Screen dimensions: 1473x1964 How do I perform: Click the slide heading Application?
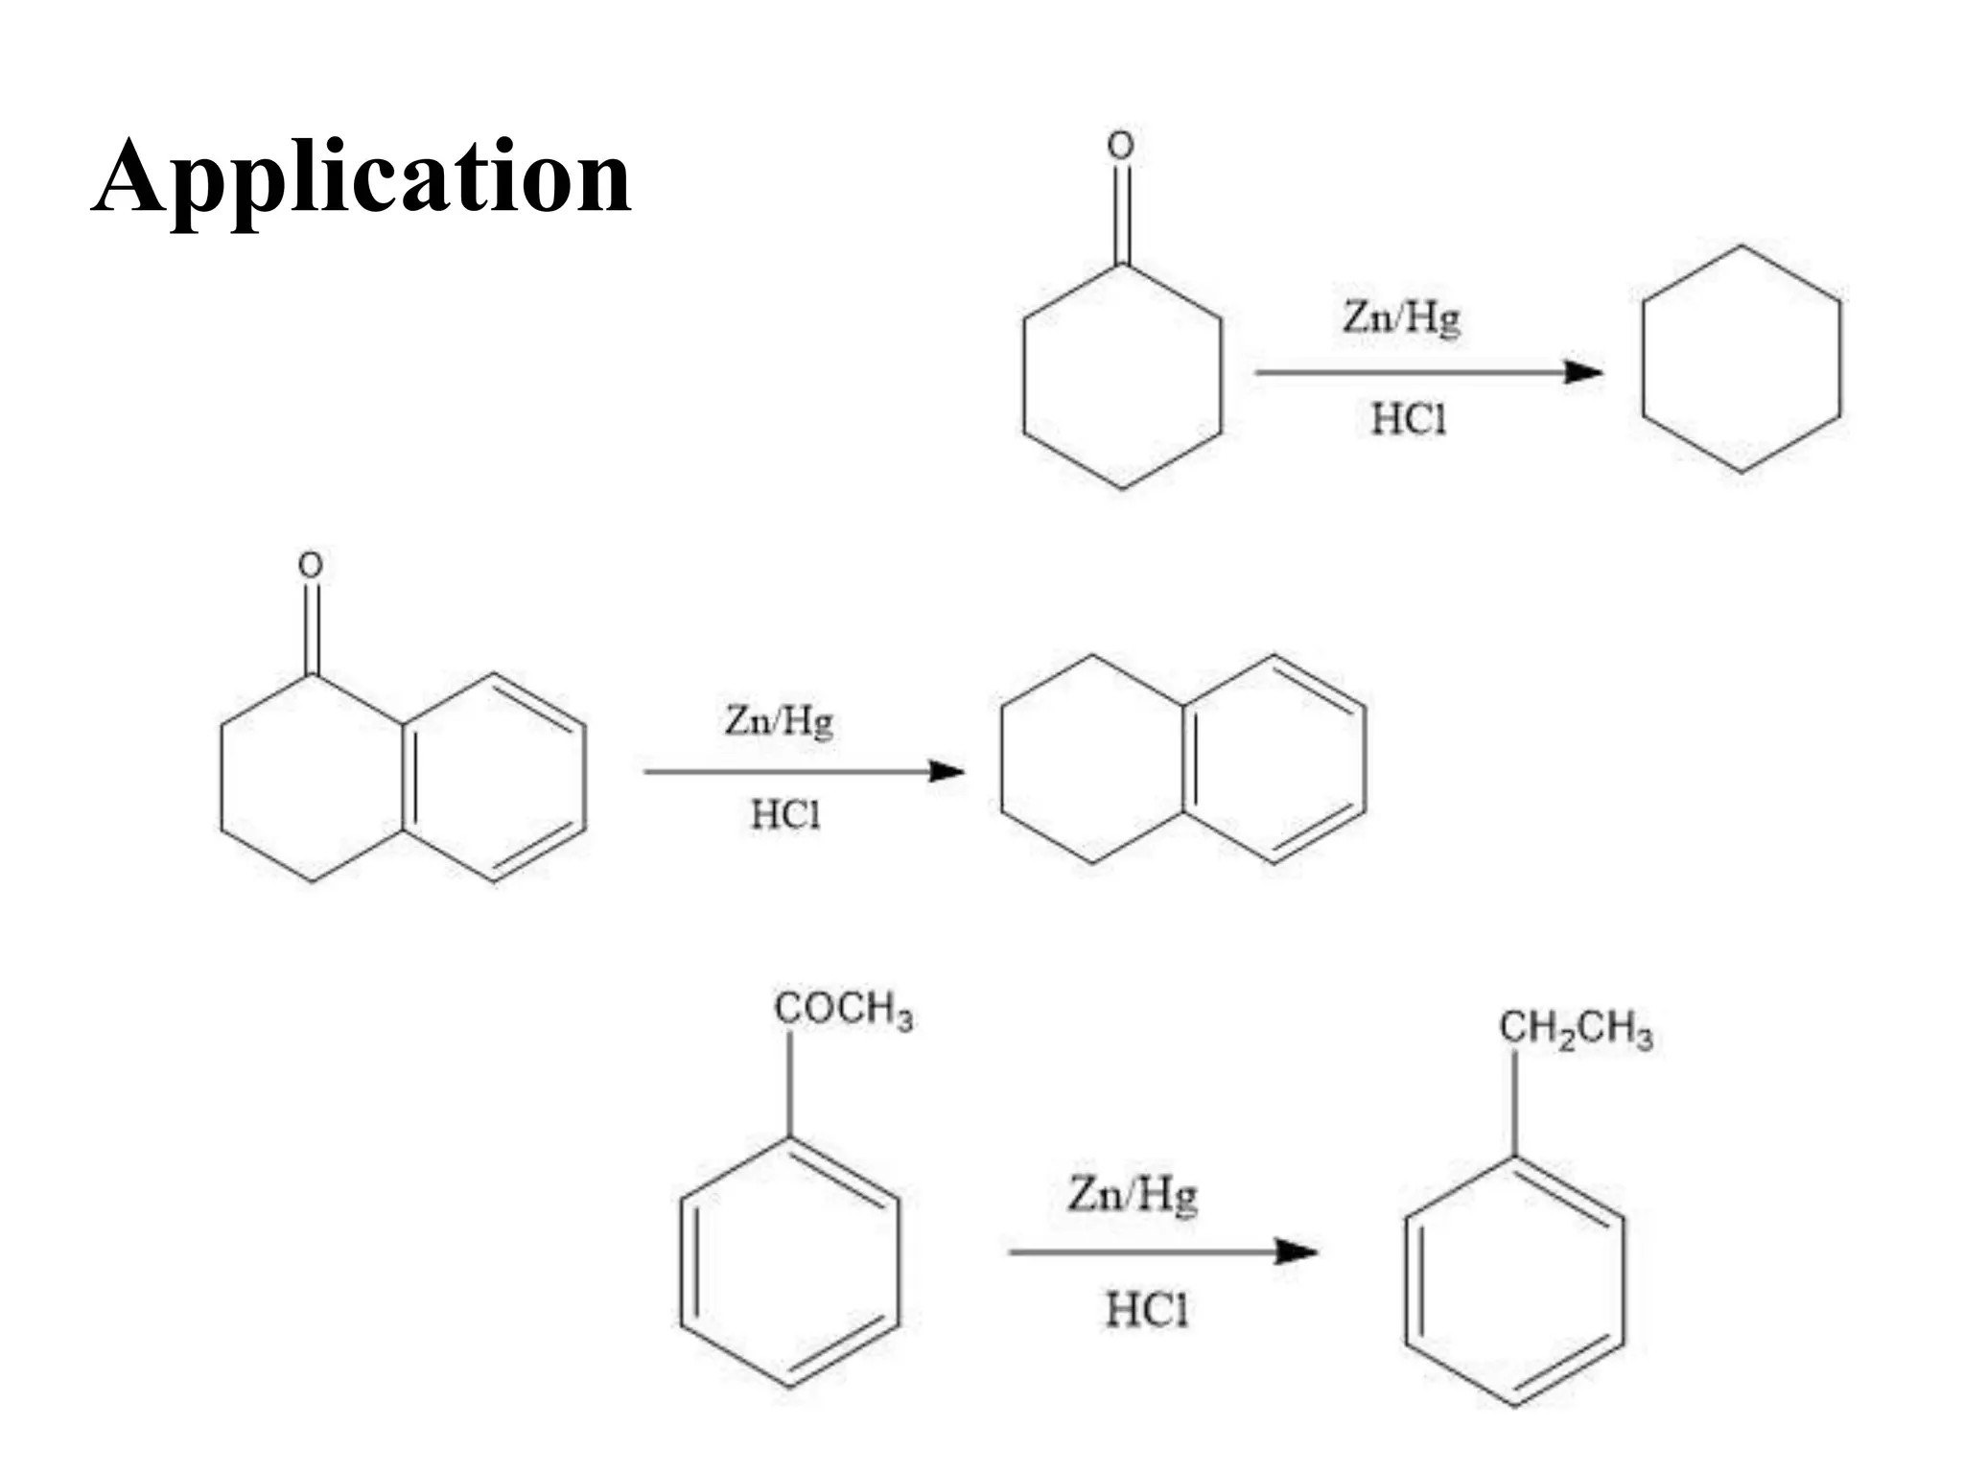pyautogui.click(x=362, y=178)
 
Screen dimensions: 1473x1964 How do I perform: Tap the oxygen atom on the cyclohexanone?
pyautogui.click(x=1120, y=146)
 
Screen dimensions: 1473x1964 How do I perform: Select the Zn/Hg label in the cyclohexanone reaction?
pyautogui.click(x=1401, y=317)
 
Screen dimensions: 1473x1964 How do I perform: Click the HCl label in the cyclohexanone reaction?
pyautogui.click(x=1408, y=419)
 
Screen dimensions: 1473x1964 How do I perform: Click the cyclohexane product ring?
pyautogui.click(x=1741, y=360)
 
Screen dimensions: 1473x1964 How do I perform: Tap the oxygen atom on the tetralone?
pyautogui.click(x=310, y=565)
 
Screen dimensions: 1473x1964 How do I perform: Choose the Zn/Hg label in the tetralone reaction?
pyautogui.click(x=779, y=720)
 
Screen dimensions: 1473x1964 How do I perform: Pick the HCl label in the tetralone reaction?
pyautogui.click(x=785, y=815)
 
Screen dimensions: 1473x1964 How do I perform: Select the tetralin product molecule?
pyautogui.click(x=1183, y=760)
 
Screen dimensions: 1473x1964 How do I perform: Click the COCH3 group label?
pyautogui.click(x=843, y=1011)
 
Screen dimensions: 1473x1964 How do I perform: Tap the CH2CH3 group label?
pyautogui.click(x=1576, y=1030)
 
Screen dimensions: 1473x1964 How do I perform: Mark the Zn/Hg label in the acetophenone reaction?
pyautogui.click(x=1133, y=1195)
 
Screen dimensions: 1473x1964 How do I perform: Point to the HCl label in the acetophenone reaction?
pyautogui.click(x=1146, y=1310)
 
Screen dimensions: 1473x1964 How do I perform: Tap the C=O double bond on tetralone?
pyautogui.click(x=311, y=627)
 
